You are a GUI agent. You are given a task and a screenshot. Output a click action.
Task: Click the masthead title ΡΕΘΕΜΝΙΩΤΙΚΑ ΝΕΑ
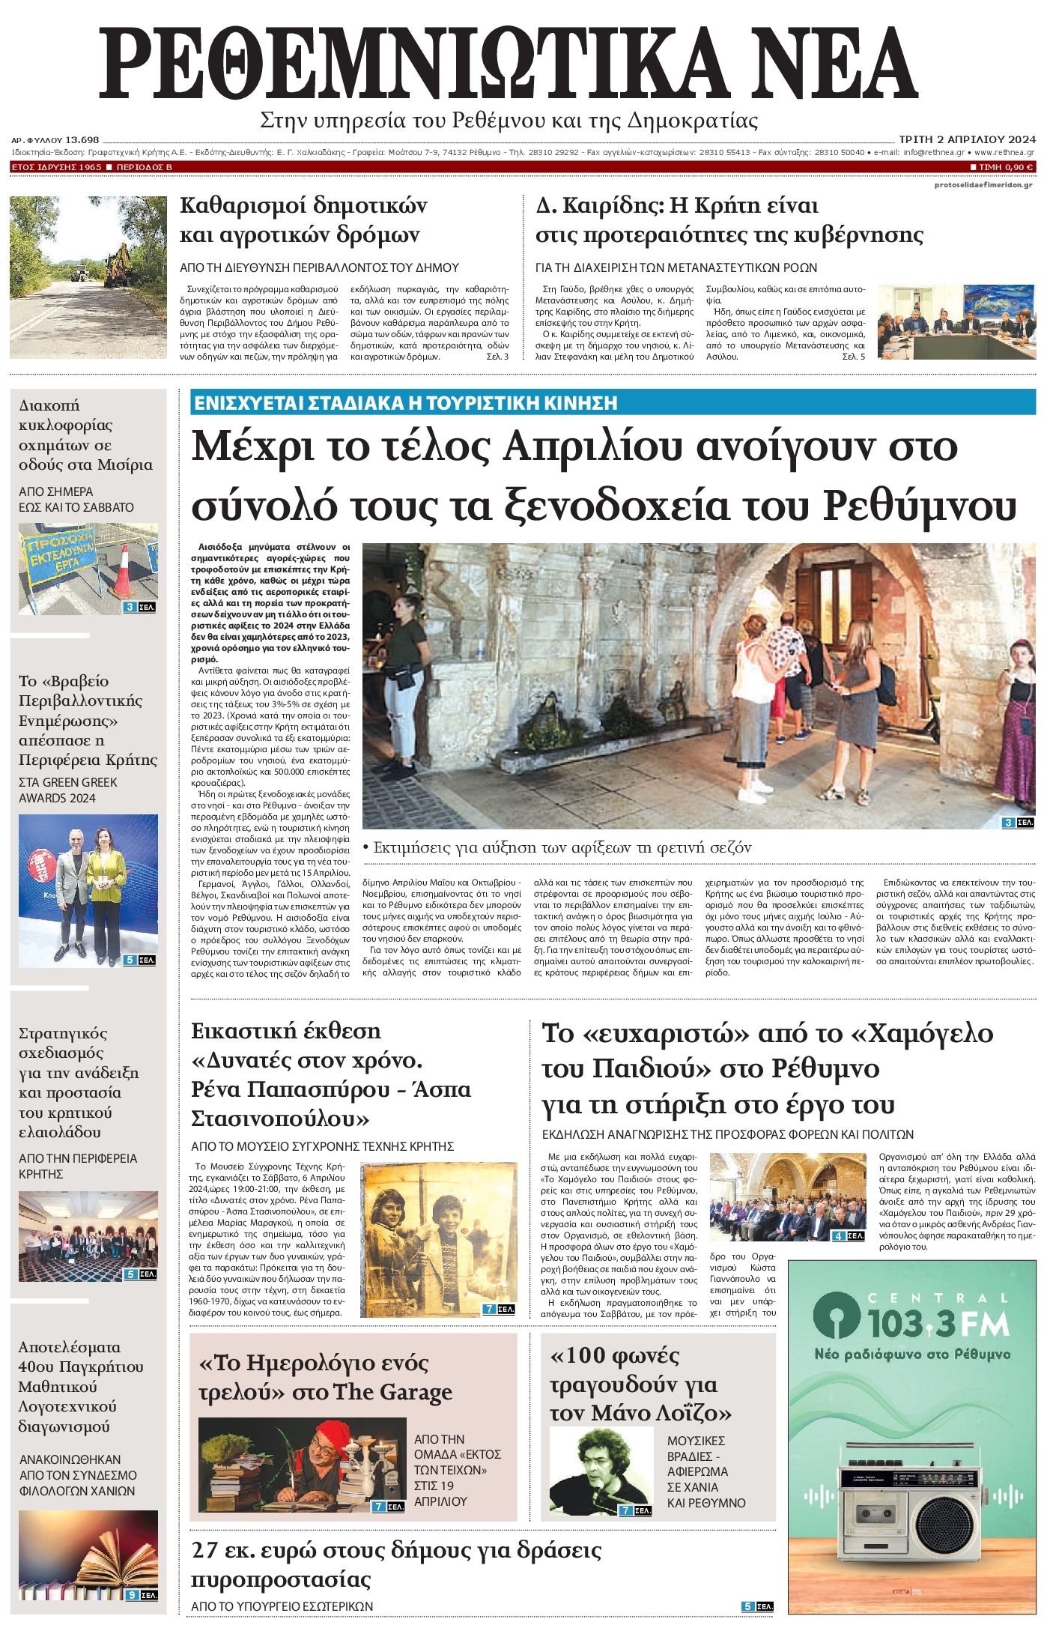click(509, 64)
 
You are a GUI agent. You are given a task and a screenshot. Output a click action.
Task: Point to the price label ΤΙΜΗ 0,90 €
click(1002, 167)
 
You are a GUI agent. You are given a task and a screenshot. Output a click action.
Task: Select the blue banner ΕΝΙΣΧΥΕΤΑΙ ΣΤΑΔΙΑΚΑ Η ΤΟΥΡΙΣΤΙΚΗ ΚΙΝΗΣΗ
click(405, 403)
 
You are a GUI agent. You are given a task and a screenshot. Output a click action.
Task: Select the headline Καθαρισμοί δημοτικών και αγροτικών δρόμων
click(303, 220)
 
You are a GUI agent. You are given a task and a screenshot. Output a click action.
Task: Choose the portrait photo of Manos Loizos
click(601, 1471)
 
